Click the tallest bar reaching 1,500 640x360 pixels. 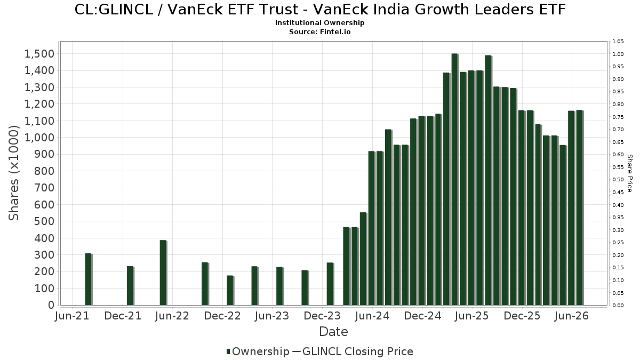pos(455,179)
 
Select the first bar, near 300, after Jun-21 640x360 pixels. pos(89,279)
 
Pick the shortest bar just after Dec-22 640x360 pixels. pos(230,290)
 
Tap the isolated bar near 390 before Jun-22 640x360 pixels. pos(163,273)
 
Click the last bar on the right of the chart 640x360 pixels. pos(580,207)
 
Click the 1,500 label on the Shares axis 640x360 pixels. pos(39,54)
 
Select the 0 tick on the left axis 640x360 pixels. pos(51,305)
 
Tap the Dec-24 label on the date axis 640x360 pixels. pos(422,316)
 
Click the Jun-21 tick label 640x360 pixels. pos(72,316)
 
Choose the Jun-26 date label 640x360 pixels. pos(571,316)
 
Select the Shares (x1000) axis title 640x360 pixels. pos(13,173)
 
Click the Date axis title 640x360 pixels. pos(333,332)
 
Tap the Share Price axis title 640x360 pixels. pos(629,173)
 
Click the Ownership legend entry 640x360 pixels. pos(258,351)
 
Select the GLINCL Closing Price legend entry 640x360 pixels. pos(352,351)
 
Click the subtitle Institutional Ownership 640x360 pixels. pos(319,23)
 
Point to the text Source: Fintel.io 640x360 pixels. pos(319,31)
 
